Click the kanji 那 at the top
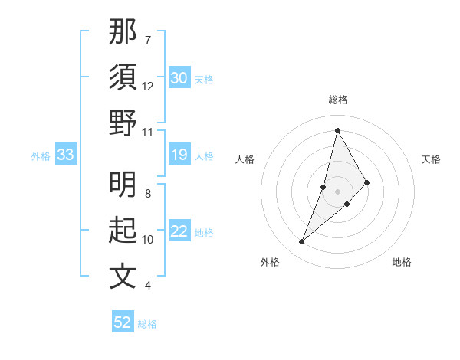coord(123,31)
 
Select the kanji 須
coord(123,77)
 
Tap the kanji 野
coord(123,123)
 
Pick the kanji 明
coord(123,185)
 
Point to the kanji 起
coord(123,231)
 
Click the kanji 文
coord(123,277)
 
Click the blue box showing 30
coord(179,78)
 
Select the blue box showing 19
coord(179,155)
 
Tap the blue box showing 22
coord(179,232)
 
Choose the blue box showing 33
coord(66,155)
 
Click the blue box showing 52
coord(123,322)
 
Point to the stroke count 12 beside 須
coord(148,87)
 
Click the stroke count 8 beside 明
coord(148,194)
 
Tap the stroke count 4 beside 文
coord(148,286)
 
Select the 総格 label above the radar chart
coord(337,100)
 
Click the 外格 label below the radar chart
coord(270,262)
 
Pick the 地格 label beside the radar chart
coord(402,262)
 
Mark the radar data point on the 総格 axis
coord(337,129)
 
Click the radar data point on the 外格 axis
coord(302,242)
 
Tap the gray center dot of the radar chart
coord(337,190)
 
